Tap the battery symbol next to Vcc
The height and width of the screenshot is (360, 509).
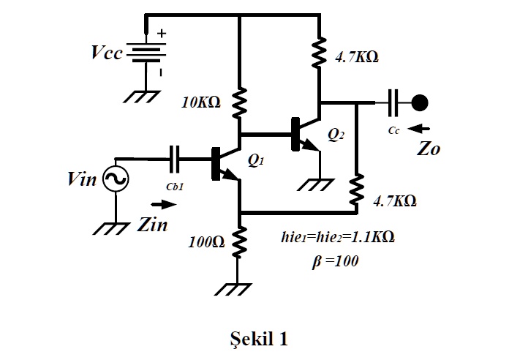[x=146, y=54]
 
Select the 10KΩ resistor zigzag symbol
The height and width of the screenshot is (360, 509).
[x=240, y=102]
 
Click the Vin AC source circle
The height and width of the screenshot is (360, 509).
[x=116, y=179]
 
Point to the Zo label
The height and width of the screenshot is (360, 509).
[x=429, y=149]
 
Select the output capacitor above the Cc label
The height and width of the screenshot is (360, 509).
[x=394, y=102]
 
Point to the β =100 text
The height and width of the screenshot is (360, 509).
[x=336, y=260]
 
